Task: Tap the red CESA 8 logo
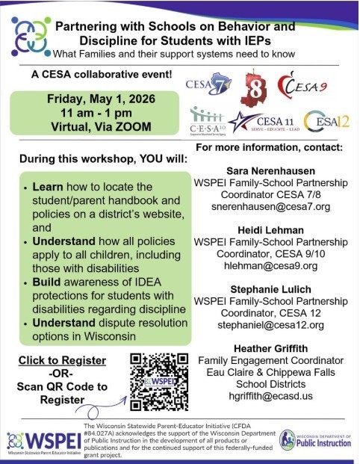coord(253,88)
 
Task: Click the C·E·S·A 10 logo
coord(208,119)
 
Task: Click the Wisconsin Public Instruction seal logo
coord(288,439)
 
